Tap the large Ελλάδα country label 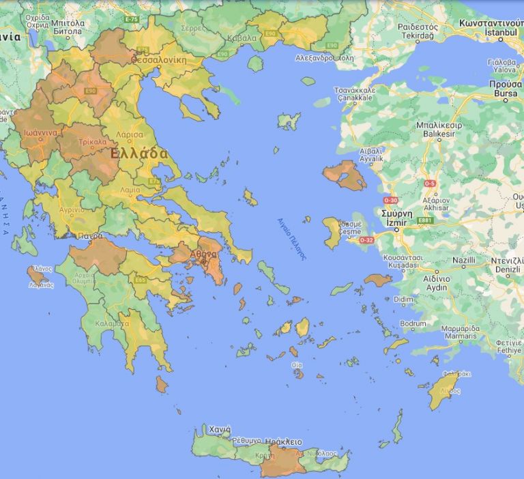point(139,154)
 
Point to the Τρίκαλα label point(92,143)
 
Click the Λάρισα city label point(129,135)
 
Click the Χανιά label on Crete point(219,430)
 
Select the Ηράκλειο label point(283,441)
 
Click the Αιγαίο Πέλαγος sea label point(291,239)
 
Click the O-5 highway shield point(430,184)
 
